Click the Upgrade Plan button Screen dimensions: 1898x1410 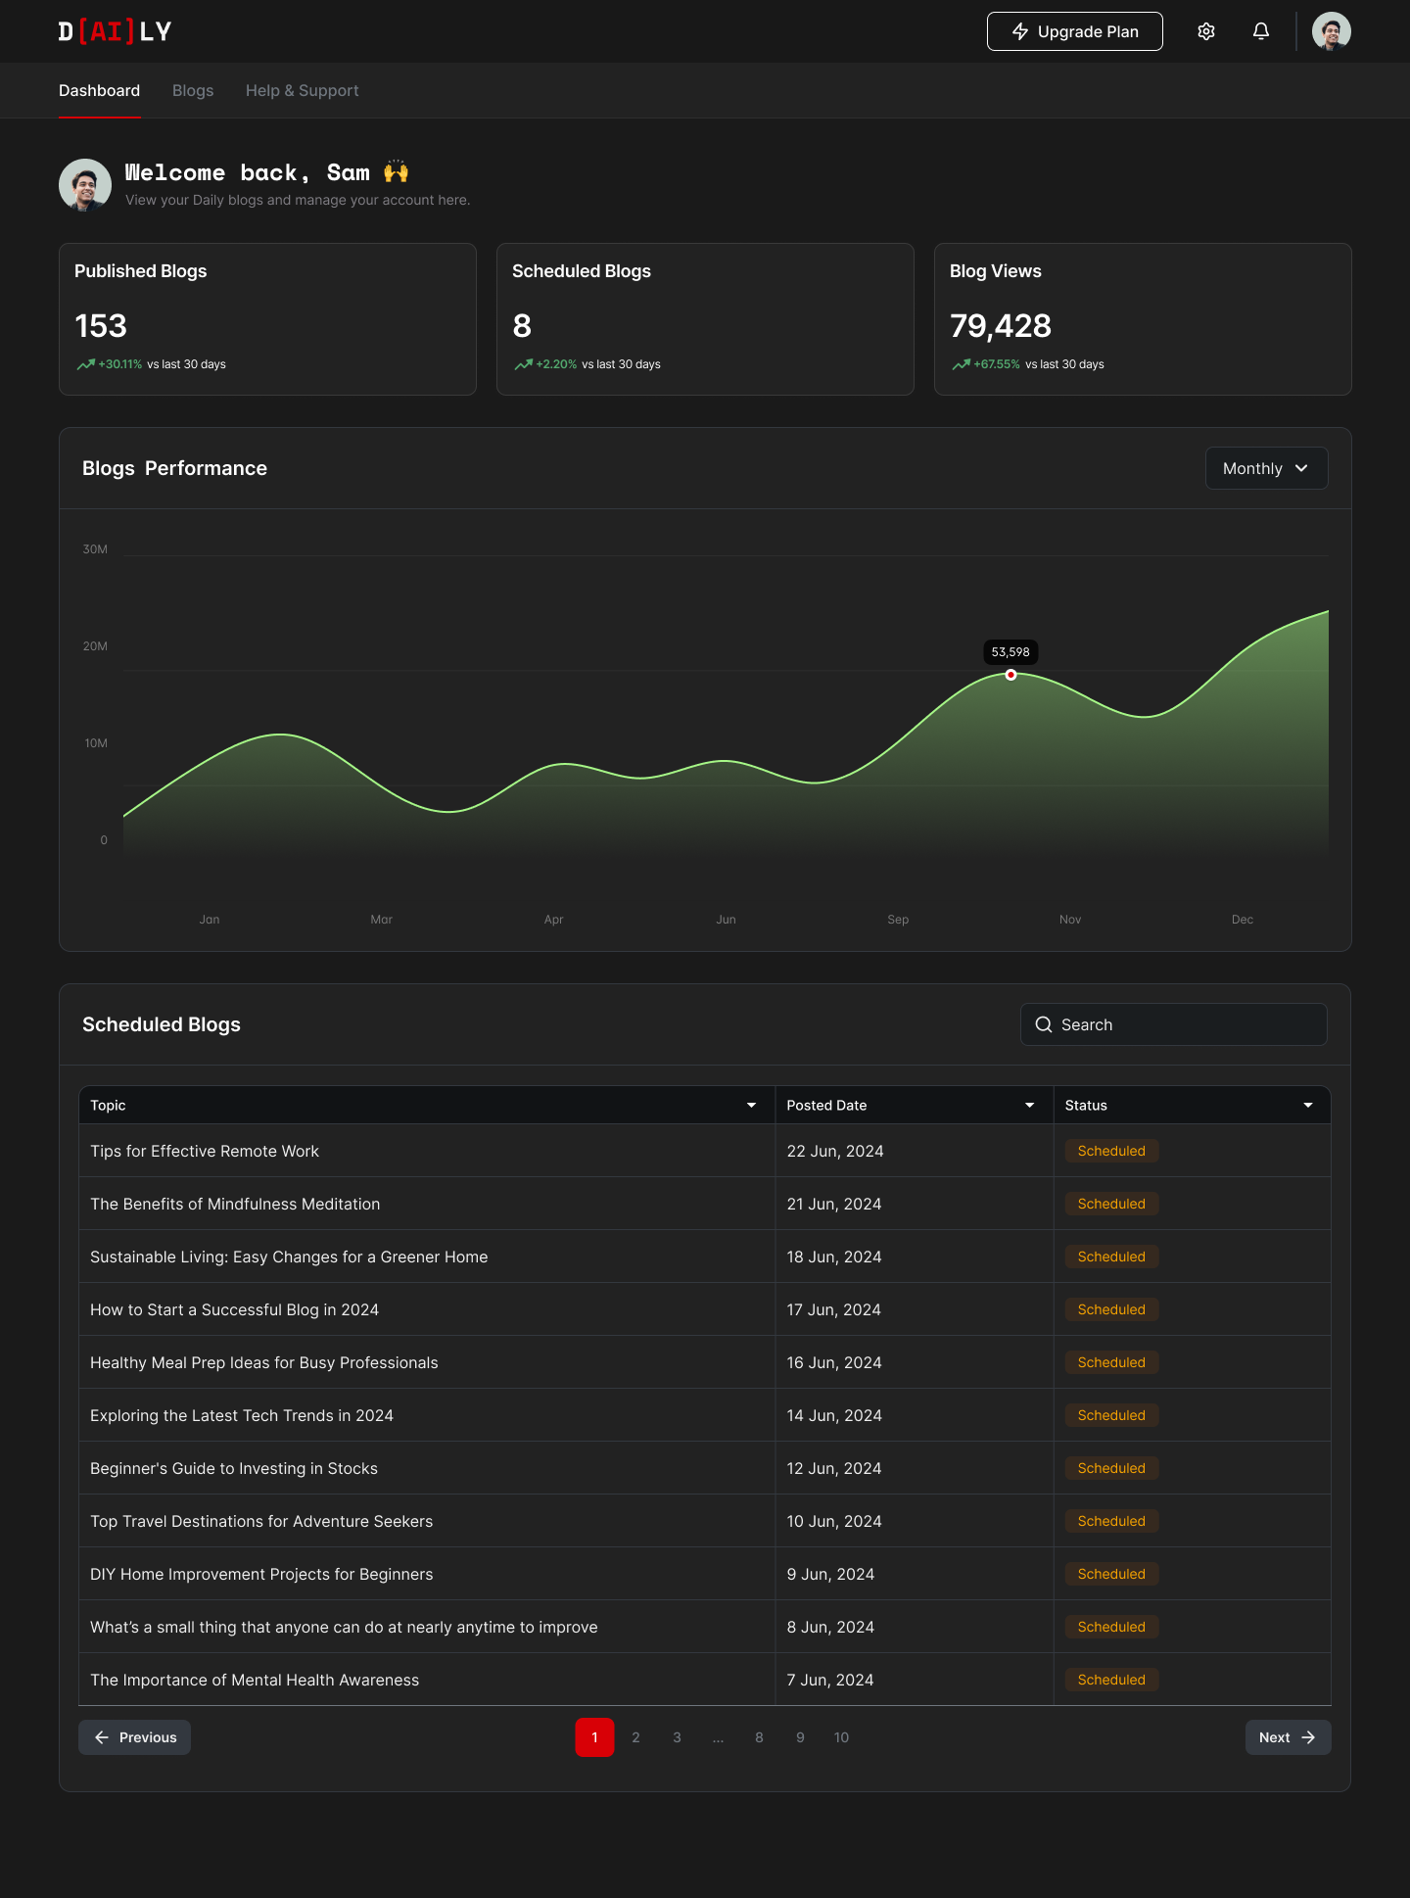pos(1074,31)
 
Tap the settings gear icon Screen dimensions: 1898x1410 pos(1206,31)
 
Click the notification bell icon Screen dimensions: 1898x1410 pos(1261,31)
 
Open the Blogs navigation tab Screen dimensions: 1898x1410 pos(193,90)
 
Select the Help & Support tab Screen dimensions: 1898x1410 pos(302,90)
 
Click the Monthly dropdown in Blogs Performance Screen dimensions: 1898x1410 pos(1266,468)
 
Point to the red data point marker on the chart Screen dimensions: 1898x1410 pos(1010,675)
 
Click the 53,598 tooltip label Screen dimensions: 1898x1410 pos(1010,652)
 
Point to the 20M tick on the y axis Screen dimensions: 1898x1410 pos(95,646)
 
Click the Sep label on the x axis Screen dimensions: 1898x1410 pos(898,920)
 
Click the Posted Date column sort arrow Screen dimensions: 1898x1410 pos(1029,1106)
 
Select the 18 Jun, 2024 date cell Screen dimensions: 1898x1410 pos(834,1257)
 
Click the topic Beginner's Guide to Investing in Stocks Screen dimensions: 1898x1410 pos(234,1468)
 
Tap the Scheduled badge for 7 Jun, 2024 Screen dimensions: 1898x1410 pos(1111,1680)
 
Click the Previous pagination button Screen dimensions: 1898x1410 pos(135,1737)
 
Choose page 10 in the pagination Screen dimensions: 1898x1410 pos(841,1737)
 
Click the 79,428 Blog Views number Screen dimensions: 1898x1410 pos(1000,326)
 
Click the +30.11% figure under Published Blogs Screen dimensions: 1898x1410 pos(120,364)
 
